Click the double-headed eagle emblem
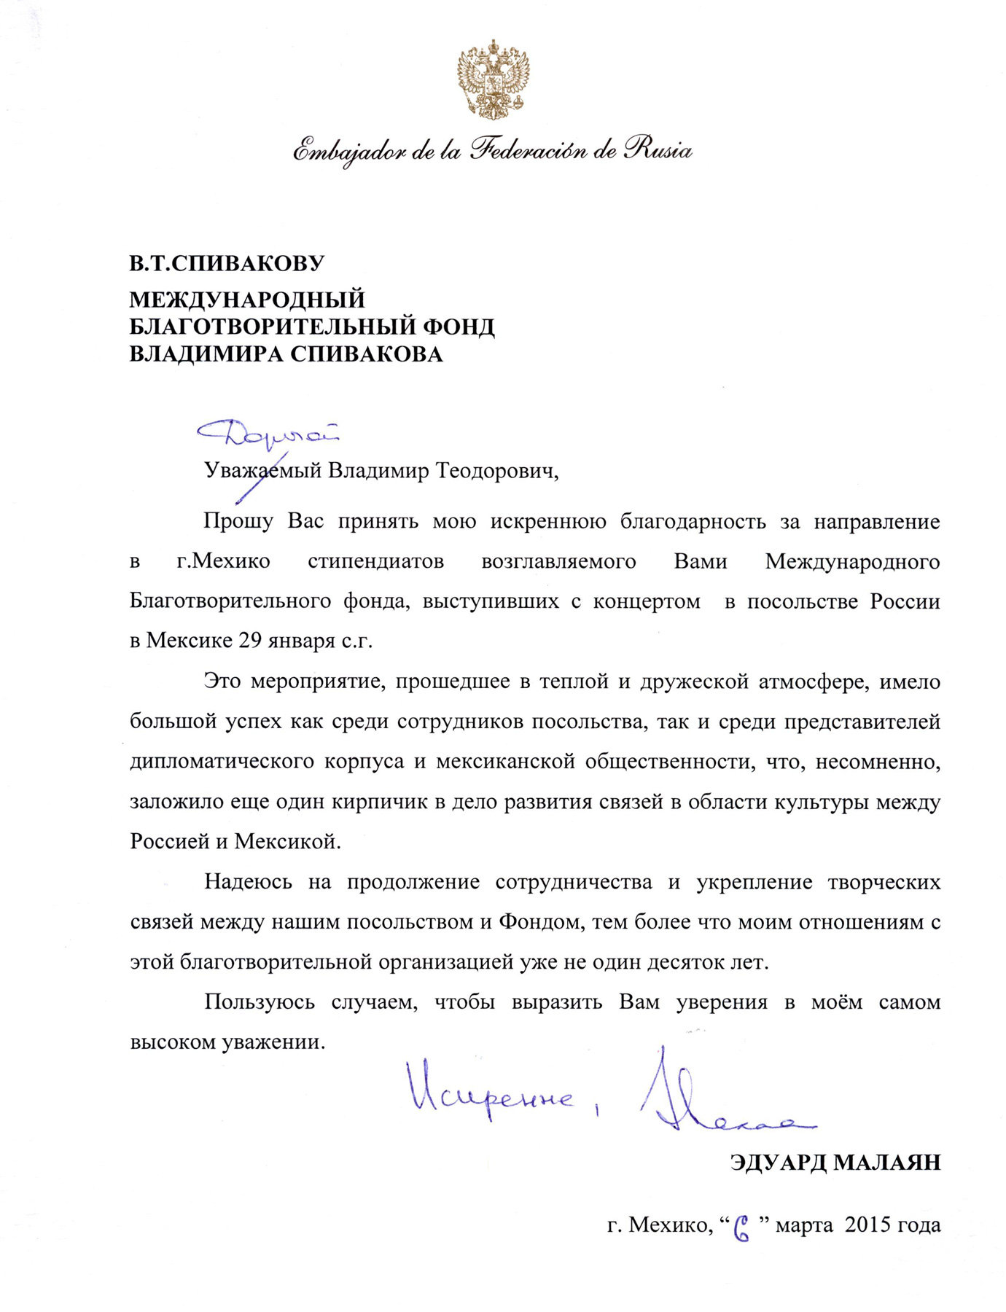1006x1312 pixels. click(493, 79)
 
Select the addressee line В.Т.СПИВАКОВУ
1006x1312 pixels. click(227, 263)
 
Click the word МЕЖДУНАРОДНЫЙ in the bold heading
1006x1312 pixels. click(247, 300)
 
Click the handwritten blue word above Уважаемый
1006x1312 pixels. click(268, 433)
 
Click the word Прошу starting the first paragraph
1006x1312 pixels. click(238, 522)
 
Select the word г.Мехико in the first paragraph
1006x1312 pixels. click(223, 562)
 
